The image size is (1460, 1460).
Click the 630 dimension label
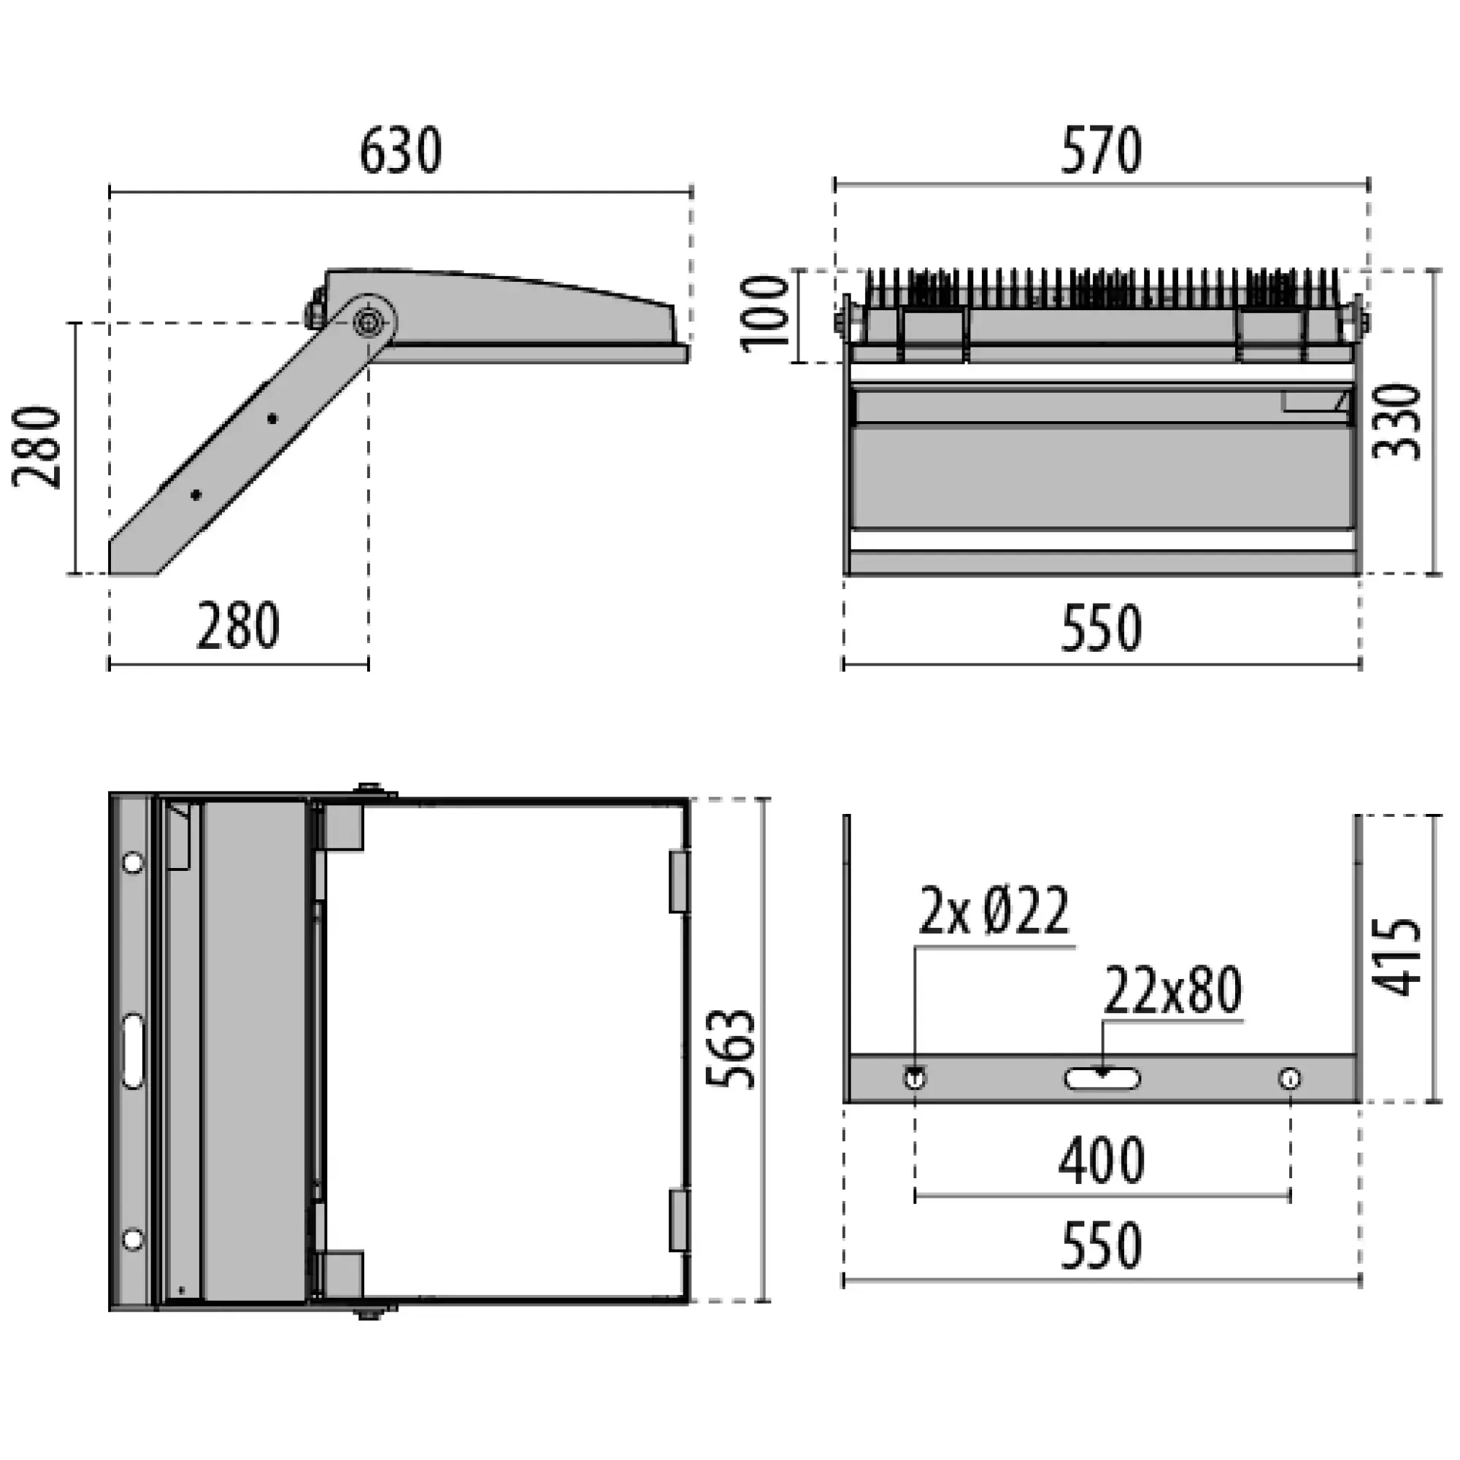[x=400, y=151]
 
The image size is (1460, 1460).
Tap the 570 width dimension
[x=1101, y=151]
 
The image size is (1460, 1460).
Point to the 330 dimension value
[x=1397, y=423]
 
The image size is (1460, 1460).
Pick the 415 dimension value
[x=1397, y=958]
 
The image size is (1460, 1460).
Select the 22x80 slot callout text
[x=1173, y=991]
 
